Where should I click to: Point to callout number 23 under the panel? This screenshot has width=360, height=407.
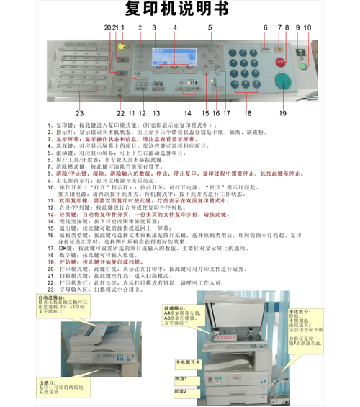click(x=79, y=114)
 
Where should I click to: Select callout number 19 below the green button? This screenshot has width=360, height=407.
click(x=283, y=113)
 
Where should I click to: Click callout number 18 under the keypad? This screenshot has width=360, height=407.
click(x=248, y=113)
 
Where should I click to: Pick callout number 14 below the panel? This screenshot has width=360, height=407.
click(x=187, y=114)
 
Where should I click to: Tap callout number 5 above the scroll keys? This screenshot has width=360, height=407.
click(x=210, y=27)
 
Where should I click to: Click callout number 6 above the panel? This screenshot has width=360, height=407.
click(x=265, y=27)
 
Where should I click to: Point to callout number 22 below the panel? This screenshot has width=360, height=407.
click(x=120, y=114)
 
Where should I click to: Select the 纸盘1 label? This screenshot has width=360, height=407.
click(x=181, y=378)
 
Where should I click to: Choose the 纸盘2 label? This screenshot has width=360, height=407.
click(x=181, y=391)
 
